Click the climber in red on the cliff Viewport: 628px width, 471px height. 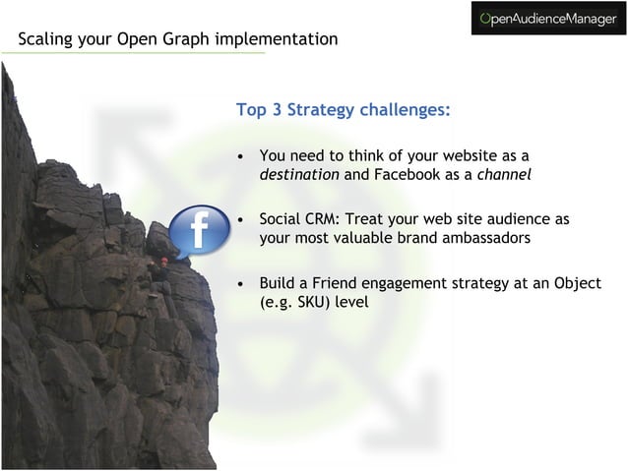pos(164,263)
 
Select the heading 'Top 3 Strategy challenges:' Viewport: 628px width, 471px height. pos(344,109)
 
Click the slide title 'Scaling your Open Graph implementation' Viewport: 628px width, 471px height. pos(177,39)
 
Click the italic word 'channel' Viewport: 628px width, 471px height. pos(504,175)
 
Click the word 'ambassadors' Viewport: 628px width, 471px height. pos(486,238)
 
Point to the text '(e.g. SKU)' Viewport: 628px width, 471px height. pos(294,302)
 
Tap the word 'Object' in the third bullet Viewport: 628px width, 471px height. pos(575,283)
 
